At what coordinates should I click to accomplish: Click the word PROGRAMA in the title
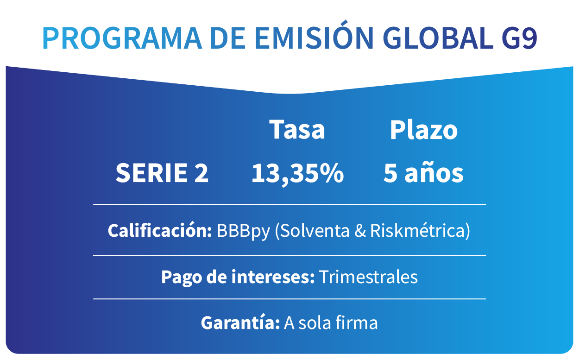pos(122,38)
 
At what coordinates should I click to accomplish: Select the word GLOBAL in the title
pos(438,38)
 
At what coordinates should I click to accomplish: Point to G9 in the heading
pos(519,38)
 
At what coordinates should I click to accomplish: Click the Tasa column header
pos(297,129)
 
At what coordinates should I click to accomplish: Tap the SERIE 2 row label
pos(162,173)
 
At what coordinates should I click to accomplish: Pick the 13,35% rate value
pos(297,173)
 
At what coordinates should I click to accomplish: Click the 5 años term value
pos(423,173)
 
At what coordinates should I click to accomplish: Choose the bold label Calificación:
pos(160,230)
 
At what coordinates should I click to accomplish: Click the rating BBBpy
pos(243,231)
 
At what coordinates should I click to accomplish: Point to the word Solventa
pos(315,230)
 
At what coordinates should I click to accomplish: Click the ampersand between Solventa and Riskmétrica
pos(360,230)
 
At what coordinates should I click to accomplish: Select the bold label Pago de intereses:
pos(238,277)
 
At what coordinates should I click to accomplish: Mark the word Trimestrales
pos(368,277)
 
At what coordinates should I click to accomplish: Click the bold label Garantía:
pos(240,322)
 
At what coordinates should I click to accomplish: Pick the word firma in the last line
pos(357,322)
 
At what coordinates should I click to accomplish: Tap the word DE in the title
pos(228,38)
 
